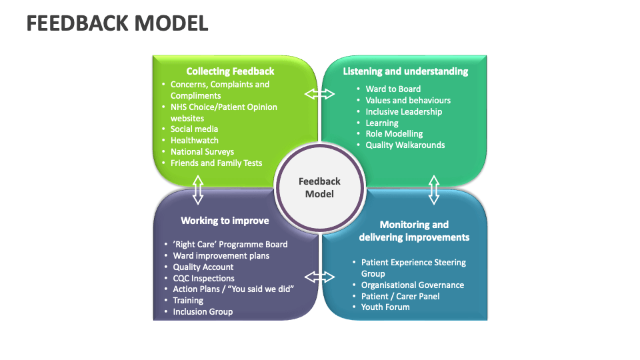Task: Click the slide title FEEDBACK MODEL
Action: [117, 23]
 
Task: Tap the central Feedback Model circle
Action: [319, 187]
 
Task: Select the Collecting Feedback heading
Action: [230, 71]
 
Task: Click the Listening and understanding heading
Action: [405, 71]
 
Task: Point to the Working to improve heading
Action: [225, 221]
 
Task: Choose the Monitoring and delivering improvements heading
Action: [414, 231]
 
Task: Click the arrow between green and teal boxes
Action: [320, 94]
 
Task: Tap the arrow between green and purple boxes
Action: [197, 189]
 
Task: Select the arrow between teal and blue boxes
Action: [434, 189]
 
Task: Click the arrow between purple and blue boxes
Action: [320, 276]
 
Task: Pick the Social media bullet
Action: [194, 129]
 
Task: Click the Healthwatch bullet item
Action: [194, 141]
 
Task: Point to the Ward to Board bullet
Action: [393, 89]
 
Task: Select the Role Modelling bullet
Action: [394, 134]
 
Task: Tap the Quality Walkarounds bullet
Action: [405, 145]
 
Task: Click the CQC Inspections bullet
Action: [203, 279]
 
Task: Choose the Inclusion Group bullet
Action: [203, 312]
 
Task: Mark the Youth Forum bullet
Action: [385, 307]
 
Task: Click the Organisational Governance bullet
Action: [412, 285]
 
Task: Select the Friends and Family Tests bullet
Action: [216, 163]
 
